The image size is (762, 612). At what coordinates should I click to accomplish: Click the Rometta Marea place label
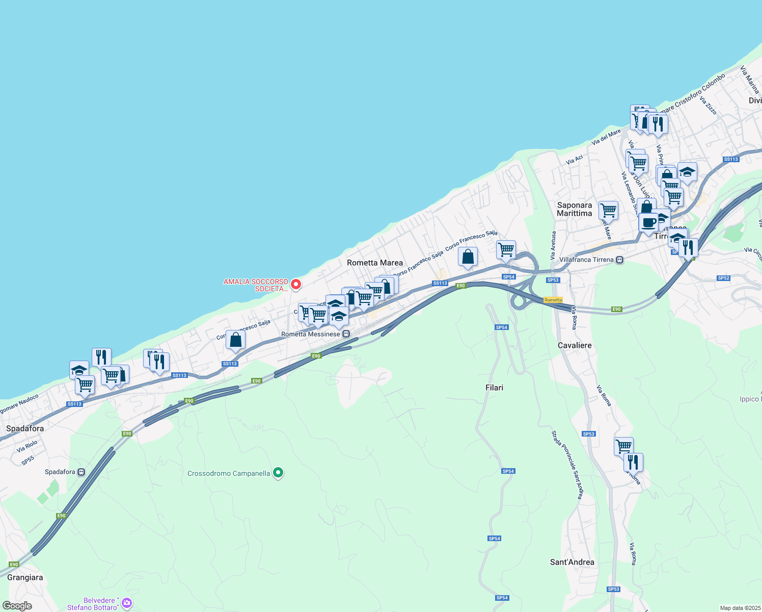click(374, 263)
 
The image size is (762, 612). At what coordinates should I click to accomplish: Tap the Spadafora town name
click(25, 428)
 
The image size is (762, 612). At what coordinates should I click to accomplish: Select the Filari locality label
click(494, 388)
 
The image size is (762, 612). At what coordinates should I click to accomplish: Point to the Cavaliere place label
click(575, 345)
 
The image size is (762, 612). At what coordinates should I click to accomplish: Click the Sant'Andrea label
click(572, 562)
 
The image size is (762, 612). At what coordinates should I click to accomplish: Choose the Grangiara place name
click(25, 577)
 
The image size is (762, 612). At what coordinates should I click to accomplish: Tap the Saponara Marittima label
click(574, 209)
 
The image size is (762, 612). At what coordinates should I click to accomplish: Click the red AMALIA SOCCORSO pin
click(295, 284)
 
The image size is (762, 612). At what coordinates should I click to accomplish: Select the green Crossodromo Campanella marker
click(278, 473)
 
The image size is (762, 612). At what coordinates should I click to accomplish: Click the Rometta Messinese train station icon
click(346, 334)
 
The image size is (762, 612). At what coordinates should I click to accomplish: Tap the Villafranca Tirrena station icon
click(619, 260)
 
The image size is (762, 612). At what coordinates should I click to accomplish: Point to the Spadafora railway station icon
click(81, 472)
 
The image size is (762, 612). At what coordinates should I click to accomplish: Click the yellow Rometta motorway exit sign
click(553, 300)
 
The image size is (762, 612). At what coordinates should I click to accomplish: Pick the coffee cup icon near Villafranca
click(649, 223)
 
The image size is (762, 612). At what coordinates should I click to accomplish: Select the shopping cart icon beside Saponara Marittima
click(608, 209)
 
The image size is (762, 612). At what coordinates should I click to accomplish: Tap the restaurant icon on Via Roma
click(633, 462)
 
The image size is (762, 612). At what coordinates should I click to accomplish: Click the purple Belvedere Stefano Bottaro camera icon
click(126, 603)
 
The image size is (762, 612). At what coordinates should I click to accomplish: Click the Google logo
click(17, 606)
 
